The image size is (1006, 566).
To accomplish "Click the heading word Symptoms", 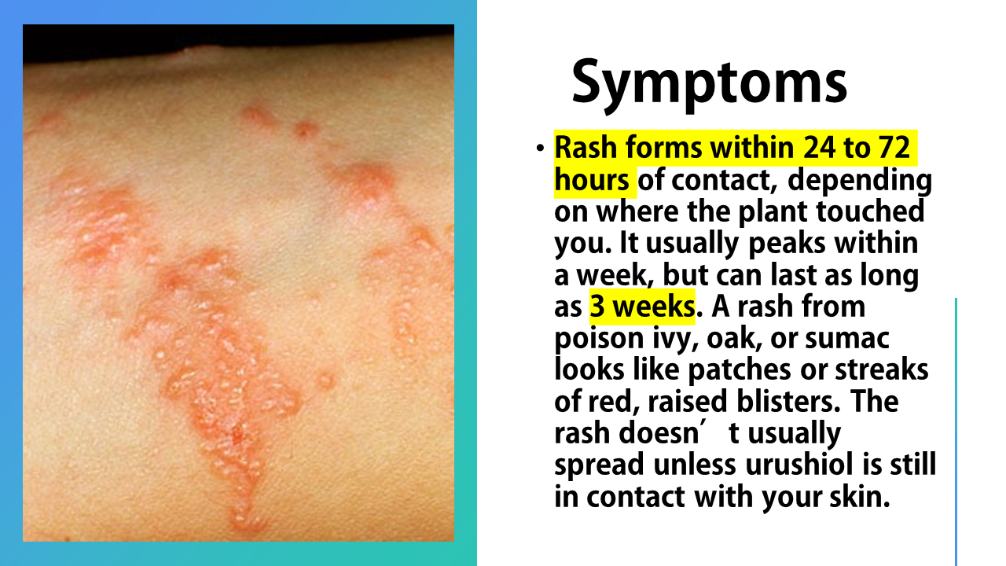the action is coord(710,84).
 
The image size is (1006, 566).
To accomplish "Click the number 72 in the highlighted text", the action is coord(894,147).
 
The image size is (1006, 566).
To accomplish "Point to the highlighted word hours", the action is coord(592,180).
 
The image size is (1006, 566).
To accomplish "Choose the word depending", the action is coord(860,182).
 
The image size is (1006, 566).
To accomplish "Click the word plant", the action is coord(773,213).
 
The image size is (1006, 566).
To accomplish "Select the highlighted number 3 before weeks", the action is coord(597,307).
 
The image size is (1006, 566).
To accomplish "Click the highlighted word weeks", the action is coord(654,307).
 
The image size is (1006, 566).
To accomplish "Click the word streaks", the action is coord(881,369).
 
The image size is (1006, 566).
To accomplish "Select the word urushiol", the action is coord(799,465).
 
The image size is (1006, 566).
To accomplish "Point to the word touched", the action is coord(869,211).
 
